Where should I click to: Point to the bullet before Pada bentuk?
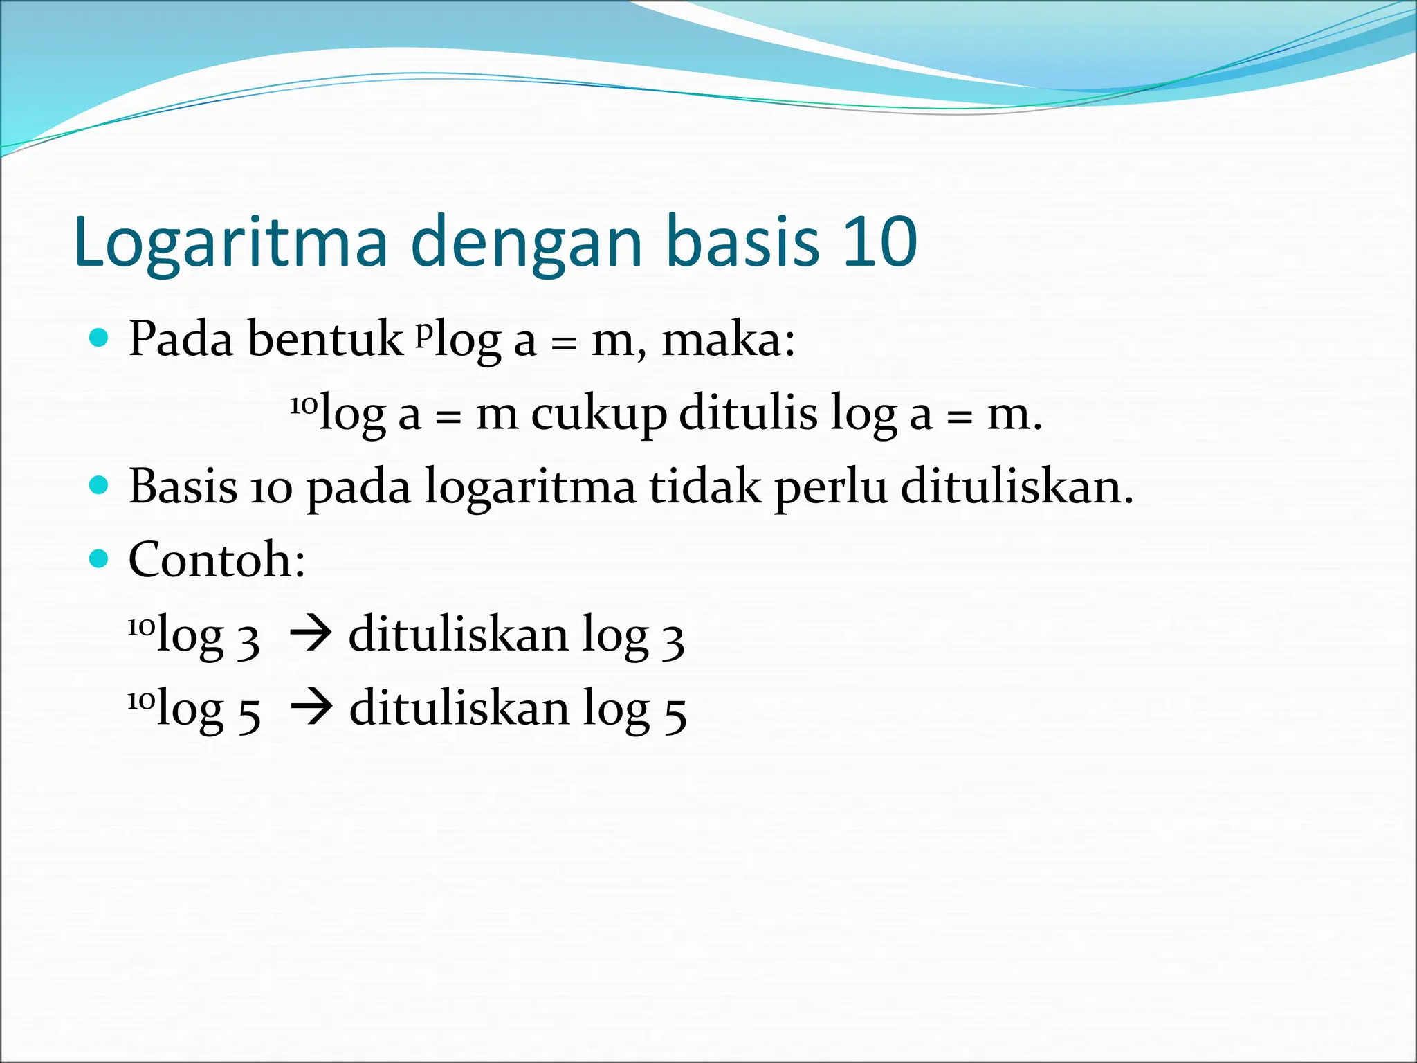tap(100, 338)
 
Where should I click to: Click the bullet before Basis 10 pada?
tap(100, 485)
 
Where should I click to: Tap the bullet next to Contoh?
tap(100, 558)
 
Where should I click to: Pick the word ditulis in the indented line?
tap(748, 413)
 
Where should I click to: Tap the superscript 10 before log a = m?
tap(303, 405)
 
